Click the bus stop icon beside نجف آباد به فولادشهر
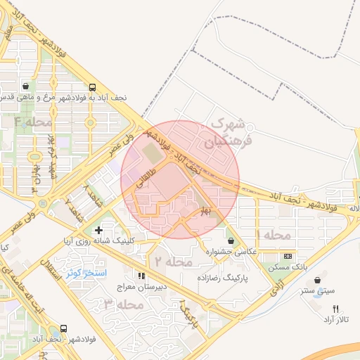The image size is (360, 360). tap(93, 87)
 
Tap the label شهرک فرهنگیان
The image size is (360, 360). tap(226, 132)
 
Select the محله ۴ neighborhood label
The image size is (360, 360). tap(33, 122)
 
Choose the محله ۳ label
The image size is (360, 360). tap(123, 304)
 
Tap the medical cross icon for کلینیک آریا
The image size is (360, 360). tap(98, 230)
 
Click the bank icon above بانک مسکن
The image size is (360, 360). tap(287, 256)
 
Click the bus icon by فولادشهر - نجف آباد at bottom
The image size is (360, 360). tap(64, 328)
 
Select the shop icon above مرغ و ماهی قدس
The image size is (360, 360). tap(25, 85)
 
